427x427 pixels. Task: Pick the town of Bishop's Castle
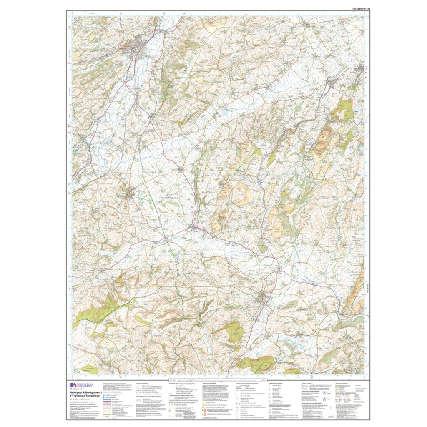tap(262, 298)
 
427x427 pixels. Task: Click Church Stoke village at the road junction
tap(193, 227)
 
